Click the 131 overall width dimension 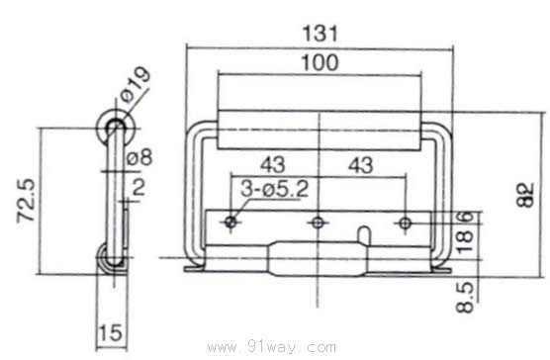coord(320,34)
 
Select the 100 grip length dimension coord(320,62)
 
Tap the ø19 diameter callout coord(136,84)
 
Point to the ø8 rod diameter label coord(139,157)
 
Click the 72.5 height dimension coord(27,201)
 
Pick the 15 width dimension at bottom coord(111,332)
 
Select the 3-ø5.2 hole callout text coord(274,189)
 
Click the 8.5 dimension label coord(465,298)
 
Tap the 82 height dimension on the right coord(525,195)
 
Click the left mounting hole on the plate coord(230,222)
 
